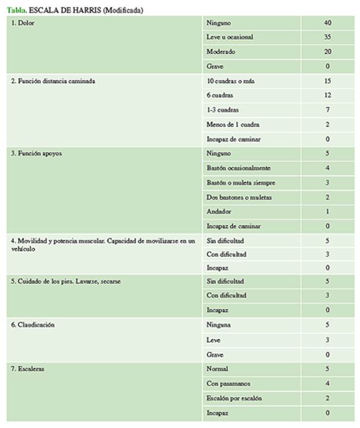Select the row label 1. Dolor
(23, 23)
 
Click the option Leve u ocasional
(230, 37)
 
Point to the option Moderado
(221, 52)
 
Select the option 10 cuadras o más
(231, 80)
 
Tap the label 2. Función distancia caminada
(53, 80)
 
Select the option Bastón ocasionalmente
(238, 168)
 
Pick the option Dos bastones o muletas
(239, 197)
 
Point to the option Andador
(219, 211)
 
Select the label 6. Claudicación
(34, 325)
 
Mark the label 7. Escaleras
(29, 369)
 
